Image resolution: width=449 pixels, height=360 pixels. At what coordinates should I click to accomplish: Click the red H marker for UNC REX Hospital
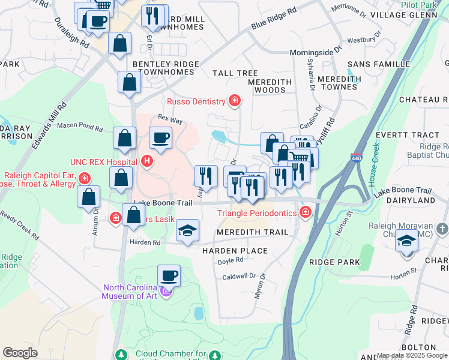coord(147,161)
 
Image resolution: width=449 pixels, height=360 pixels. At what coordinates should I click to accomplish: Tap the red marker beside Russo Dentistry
coord(235,101)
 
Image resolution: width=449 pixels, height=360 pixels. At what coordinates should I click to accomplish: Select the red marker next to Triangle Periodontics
coord(306,212)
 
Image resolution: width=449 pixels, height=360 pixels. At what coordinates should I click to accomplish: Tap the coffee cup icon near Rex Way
coord(160,137)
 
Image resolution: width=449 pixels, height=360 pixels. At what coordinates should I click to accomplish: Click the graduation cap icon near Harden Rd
coord(187,231)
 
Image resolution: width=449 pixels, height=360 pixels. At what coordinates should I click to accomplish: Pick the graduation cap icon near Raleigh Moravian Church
coord(406,242)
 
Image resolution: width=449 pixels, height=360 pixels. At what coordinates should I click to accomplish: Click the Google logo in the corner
coord(20,353)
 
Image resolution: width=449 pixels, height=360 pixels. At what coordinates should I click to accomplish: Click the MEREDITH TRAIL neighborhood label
coord(253,232)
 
